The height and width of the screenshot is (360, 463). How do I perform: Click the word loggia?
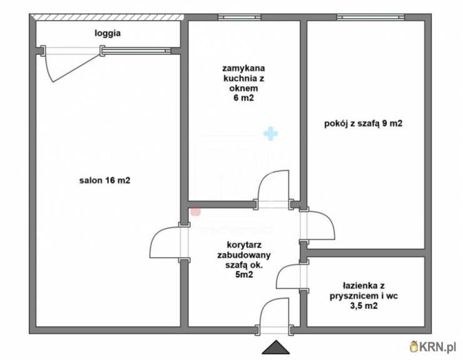108,33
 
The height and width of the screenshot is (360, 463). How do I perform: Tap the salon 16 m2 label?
104,180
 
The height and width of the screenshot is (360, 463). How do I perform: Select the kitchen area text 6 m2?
243,98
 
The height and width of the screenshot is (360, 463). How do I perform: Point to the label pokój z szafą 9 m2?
363,123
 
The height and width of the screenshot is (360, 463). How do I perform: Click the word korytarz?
244,245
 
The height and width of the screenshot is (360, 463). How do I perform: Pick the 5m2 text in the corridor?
244,275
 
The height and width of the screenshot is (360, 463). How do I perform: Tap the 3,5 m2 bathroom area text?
364,306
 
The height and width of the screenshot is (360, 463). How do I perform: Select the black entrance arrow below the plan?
276,347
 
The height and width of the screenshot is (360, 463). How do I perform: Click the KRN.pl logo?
433,347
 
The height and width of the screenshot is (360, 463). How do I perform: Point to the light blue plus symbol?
270,133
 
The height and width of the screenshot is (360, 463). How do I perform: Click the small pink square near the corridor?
195,212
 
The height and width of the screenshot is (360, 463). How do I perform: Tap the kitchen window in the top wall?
239,17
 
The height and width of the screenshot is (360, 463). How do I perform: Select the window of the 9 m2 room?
370,17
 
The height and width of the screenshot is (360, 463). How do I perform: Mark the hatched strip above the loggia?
107,17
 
